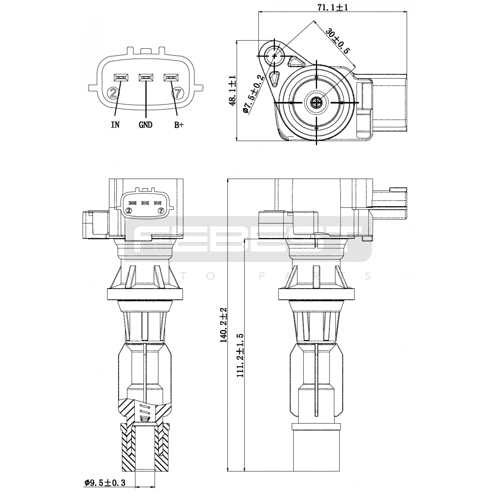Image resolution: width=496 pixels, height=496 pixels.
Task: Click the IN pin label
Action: [x=115, y=125]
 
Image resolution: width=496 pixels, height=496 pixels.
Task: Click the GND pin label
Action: [x=145, y=125]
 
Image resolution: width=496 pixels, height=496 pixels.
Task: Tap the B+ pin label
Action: [x=179, y=125]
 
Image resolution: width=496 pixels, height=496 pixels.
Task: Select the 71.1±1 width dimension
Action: [x=332, y=7]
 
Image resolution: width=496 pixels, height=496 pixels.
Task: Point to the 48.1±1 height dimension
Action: [x=232, y=91]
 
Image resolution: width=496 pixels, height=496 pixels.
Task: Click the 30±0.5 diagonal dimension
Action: [x=337, y=41]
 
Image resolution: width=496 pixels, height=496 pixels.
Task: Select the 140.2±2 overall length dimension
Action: [x=224, y=325]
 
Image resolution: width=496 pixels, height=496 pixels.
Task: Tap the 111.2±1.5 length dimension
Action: [x=240, y=355]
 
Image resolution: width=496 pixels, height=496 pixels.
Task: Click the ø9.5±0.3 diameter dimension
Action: [x=104, y=483]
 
